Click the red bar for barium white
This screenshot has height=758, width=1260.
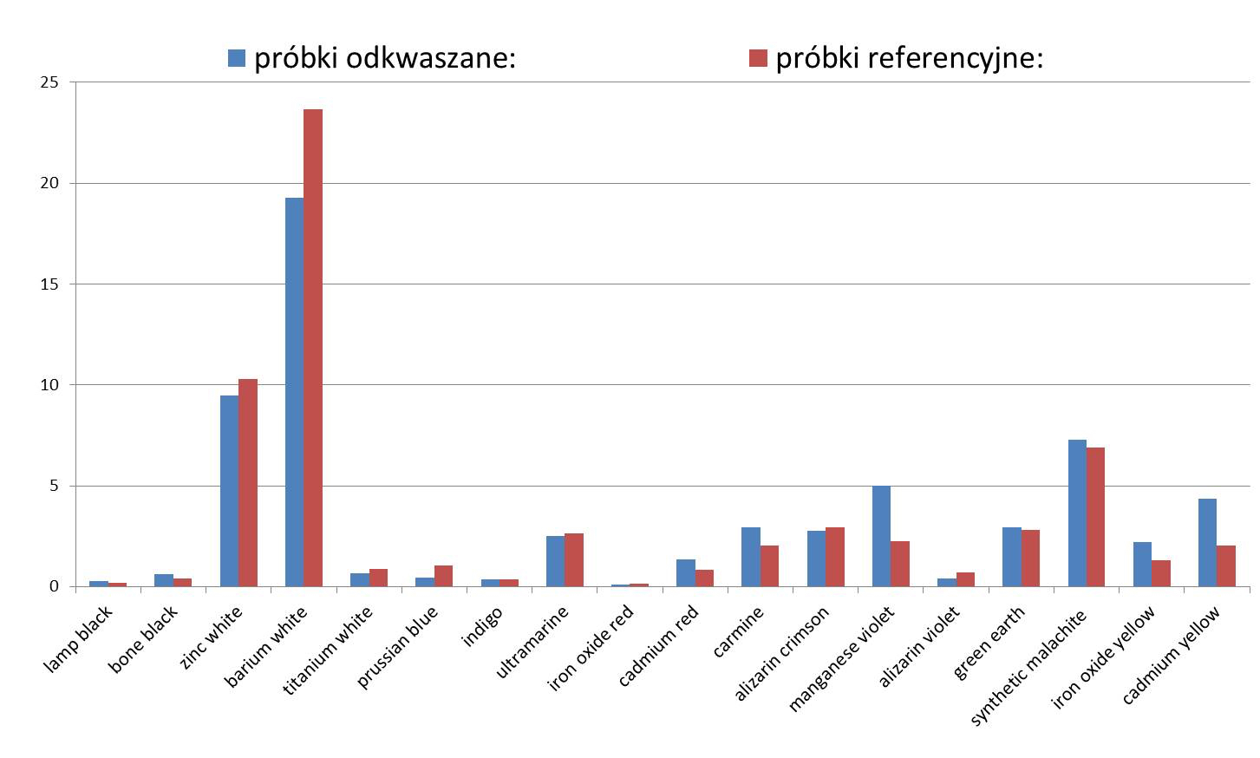[312, 347]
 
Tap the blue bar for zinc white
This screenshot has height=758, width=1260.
[229, 491]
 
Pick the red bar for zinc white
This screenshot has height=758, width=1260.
[248, 482]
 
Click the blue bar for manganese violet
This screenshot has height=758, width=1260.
[881, 536]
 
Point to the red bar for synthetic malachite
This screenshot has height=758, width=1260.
[1095, 517]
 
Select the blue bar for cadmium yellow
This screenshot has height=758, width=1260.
[1207, 542]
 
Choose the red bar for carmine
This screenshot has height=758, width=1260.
[769, 565]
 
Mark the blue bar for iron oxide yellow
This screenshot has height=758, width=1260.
[1142, 564]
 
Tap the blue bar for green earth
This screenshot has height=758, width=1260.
[1011, 556]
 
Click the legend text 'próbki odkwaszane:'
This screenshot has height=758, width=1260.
[385, 58]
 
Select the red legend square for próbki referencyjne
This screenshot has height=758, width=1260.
[758, 58]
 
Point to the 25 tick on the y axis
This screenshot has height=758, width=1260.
[49, 82]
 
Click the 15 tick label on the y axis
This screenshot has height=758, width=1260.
[49, 284]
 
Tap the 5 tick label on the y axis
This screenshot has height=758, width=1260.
[54, 486]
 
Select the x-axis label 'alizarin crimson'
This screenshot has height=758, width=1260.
[783, 651]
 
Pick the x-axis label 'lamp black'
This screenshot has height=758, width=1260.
[78, 639]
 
